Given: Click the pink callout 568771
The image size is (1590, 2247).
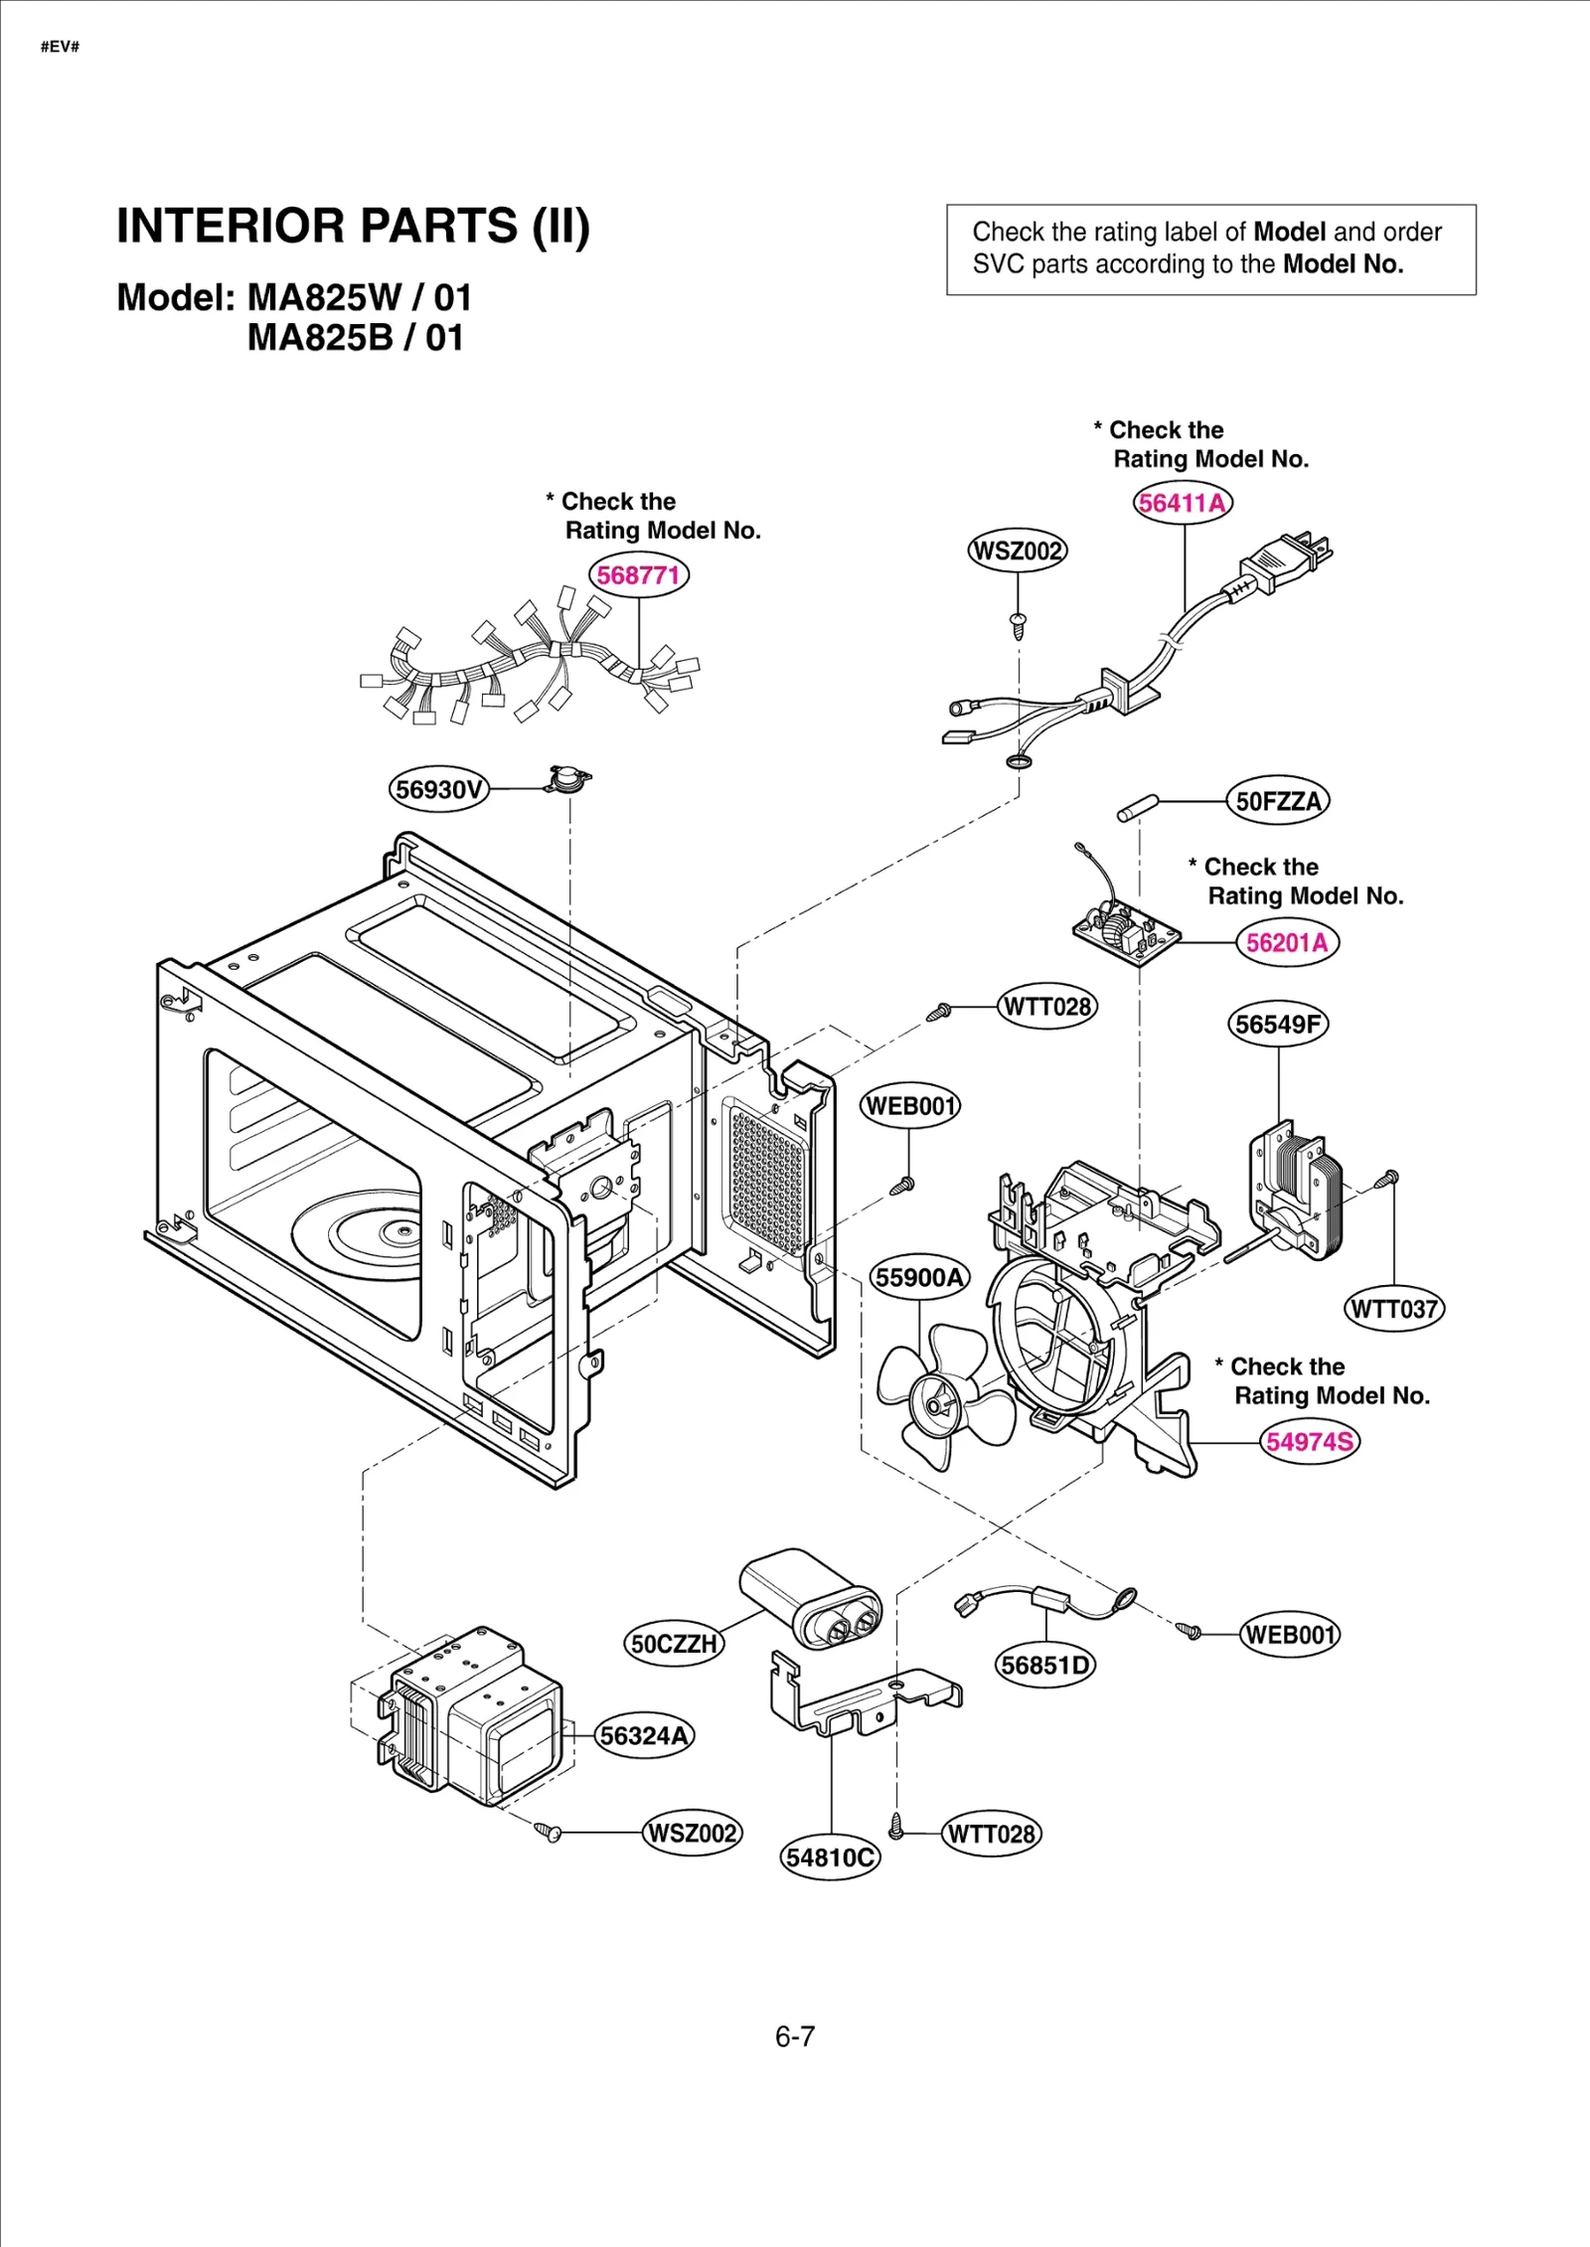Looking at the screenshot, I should pos(638,575).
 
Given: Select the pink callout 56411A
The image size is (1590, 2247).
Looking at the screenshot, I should pos(1182,503).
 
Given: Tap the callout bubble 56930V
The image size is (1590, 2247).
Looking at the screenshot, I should pos(438,790).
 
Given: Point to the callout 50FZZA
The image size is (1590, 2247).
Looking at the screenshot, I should pos(1278,801).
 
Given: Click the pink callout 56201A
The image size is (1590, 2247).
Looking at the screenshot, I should pos(1287,942).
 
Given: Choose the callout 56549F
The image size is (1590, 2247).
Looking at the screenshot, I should pos(1278,1025).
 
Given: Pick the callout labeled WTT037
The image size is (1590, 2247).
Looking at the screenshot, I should pos(1394,1309).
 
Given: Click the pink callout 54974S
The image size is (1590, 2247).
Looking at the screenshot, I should pos(1310,1441).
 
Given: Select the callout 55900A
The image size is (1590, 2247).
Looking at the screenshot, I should pos(919,1277).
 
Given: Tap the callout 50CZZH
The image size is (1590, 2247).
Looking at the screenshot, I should pos(674,1644).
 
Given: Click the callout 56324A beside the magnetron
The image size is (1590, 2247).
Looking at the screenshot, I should pos(644,1736).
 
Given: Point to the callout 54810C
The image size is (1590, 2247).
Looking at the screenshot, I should pos(830,1857).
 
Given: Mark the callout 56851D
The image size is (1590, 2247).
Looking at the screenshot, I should pos(1044,1665).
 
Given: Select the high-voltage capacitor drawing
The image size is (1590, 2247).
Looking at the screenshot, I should pos(810,1598).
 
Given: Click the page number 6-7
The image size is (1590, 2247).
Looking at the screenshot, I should pos(795,2037).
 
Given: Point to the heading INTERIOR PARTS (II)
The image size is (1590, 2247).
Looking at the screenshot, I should pos(353,226).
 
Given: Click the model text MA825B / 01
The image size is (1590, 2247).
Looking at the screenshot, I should pos(355,338).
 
